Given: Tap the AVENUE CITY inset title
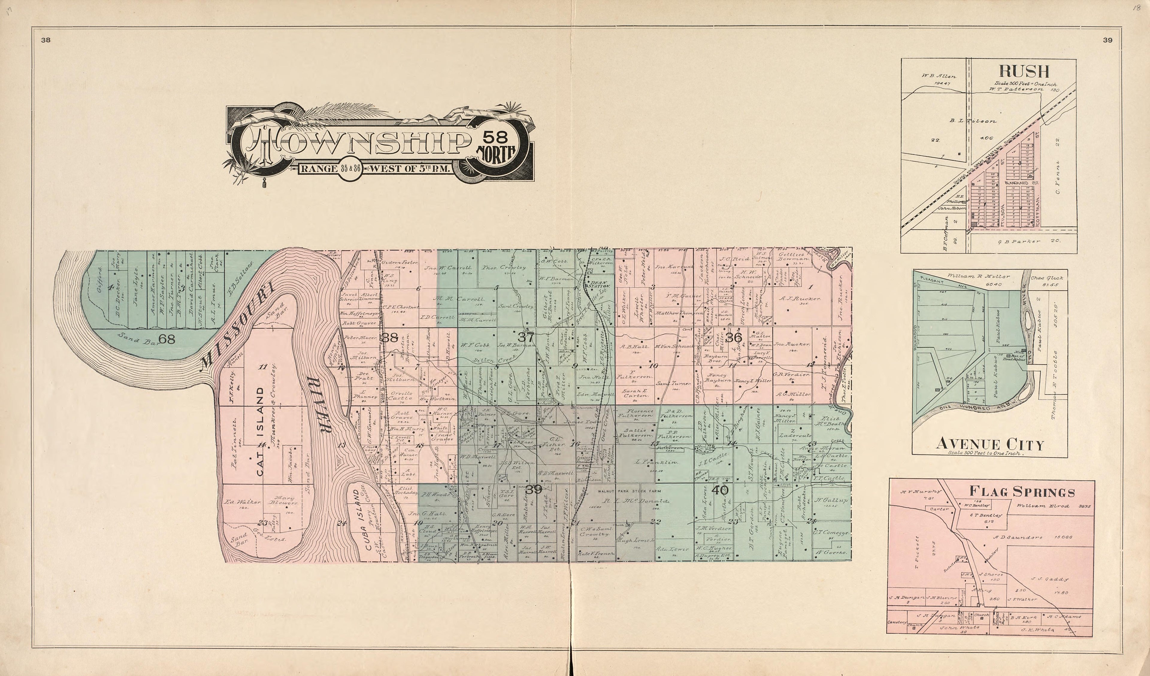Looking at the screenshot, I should click(x=989, y=444).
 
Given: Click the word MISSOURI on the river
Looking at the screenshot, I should click(x=237, y=326).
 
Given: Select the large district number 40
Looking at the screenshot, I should click(x=720, y=491).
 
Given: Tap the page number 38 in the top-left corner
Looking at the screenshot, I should click(x=46, y=40).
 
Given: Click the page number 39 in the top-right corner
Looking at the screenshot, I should click(x=1107, y=40).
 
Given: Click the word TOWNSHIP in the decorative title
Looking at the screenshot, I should click(x=356, y=144).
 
